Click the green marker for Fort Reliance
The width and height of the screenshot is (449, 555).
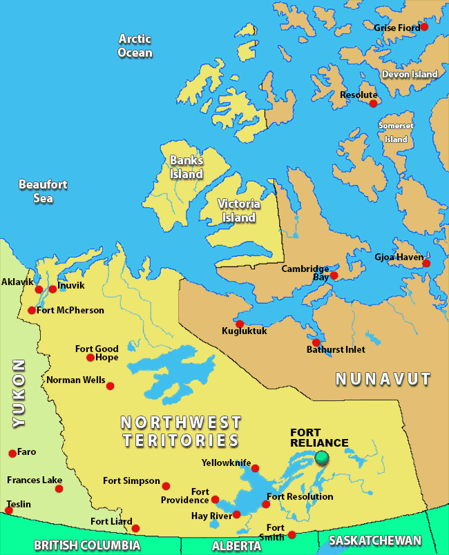point(321,457)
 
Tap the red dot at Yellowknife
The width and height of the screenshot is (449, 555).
point(255,468)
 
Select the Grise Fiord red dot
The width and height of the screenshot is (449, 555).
point(424,27)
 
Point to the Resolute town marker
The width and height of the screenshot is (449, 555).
point(374,104)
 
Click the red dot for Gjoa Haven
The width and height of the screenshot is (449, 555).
point(426,263)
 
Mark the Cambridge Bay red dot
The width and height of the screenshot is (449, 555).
point(334,275)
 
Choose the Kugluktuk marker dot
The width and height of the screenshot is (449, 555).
point(240,324)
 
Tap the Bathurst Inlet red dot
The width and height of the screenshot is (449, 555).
point(316,342)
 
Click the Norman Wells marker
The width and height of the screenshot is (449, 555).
point(110,386)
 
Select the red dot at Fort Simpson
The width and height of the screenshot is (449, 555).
point(166,483)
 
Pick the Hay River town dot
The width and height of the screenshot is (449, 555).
point(236,514)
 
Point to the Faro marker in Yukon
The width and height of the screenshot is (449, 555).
point(12,454)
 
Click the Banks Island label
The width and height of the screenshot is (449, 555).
point(187,167)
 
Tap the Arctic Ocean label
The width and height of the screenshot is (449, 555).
point(135,46)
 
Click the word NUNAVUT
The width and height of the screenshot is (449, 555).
point(383,379)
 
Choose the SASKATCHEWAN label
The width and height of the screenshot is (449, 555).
point(374,541)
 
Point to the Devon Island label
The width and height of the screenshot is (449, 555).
point(410,74)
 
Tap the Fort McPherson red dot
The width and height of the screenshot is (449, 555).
point(32,310)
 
